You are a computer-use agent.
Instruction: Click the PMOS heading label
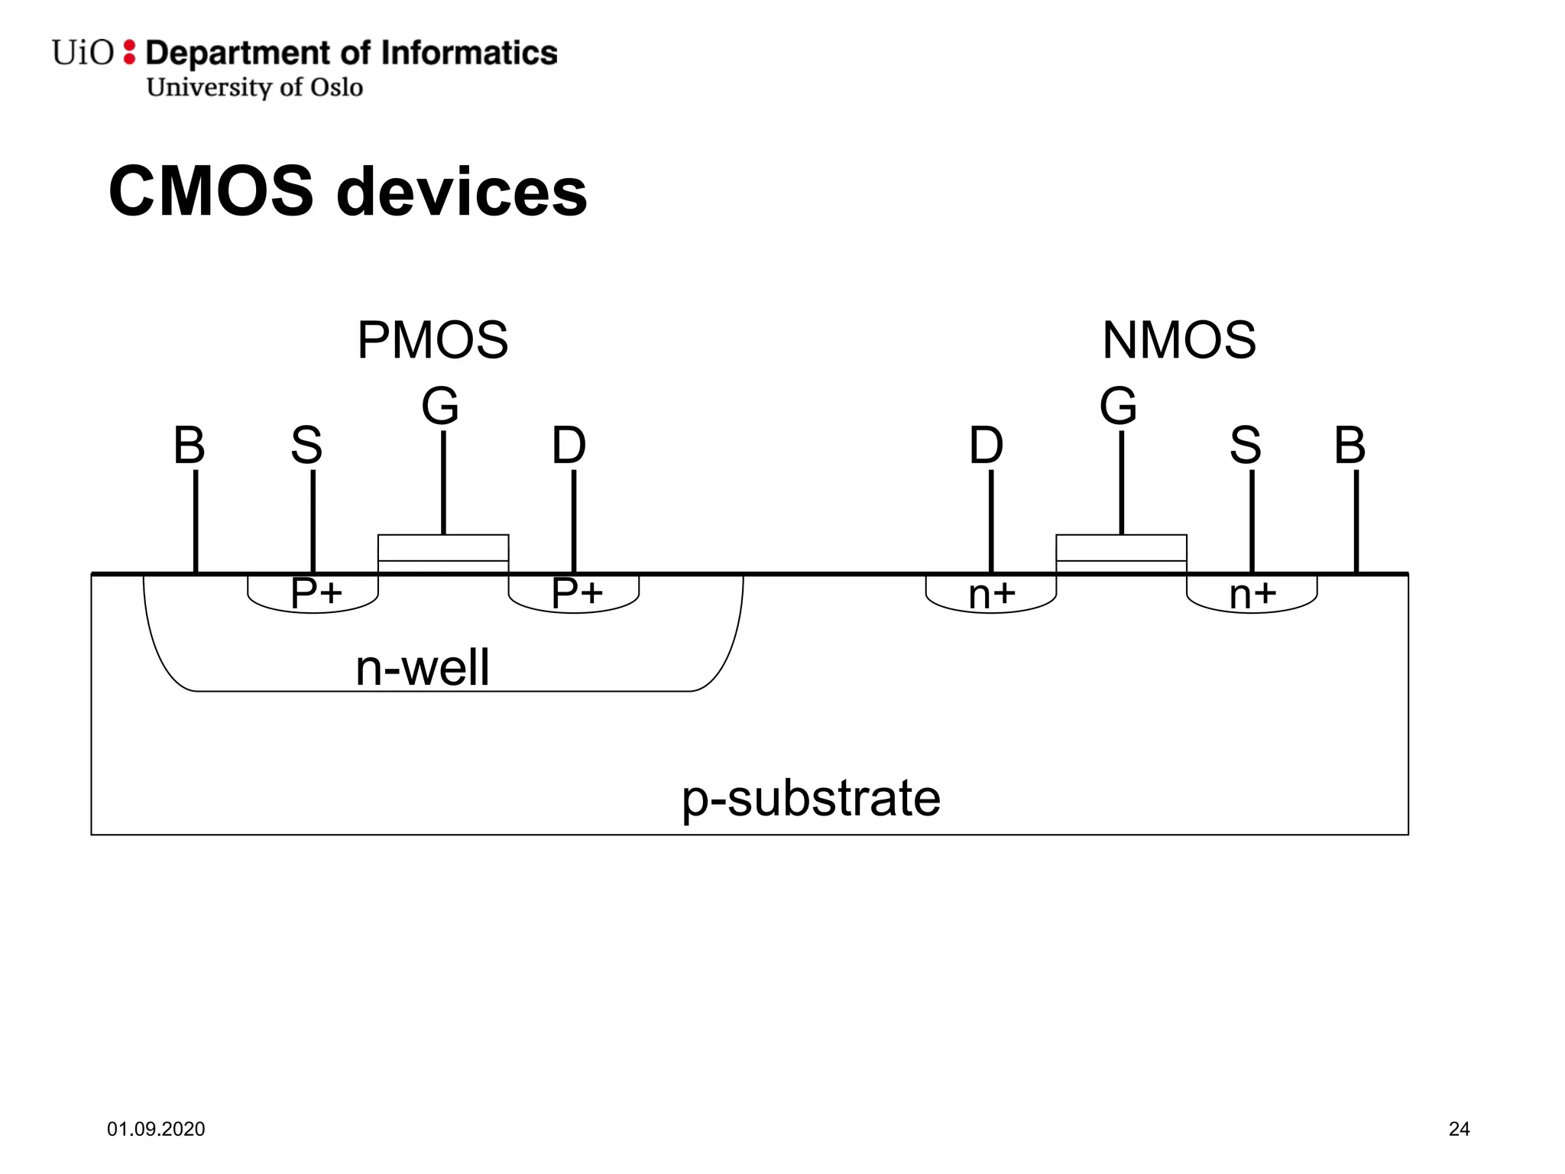(x=433, y=340)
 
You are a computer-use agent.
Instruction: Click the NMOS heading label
(x=1179, y=340)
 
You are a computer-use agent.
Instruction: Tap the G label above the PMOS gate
(x=440, y=406)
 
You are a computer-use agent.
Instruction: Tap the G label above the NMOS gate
(x=1118, y=406)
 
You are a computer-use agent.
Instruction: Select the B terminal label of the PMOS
(x=190, y=445)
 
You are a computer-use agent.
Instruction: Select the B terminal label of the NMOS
(x=1350, y=445)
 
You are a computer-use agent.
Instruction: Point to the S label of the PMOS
(x=306, y=445)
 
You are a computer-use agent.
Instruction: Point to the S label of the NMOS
(x=1245, y=445)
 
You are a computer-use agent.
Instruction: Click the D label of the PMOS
(x=569, y=445)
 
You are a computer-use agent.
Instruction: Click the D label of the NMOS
(x=986, y=445)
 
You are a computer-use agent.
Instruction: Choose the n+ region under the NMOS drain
(x=992, y=595)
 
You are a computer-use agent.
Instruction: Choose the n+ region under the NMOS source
(x=1252, y=595)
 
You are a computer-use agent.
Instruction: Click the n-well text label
(x=422, y=667)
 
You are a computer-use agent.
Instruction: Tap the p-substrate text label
(x=811, y=799)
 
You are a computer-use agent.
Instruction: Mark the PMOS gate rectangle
(x=443, y=548)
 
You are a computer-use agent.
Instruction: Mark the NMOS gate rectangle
(x=1121, y=548)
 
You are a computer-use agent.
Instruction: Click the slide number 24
(x=1459, y=1129)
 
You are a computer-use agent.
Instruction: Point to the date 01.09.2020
(x=156, y=1129)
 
